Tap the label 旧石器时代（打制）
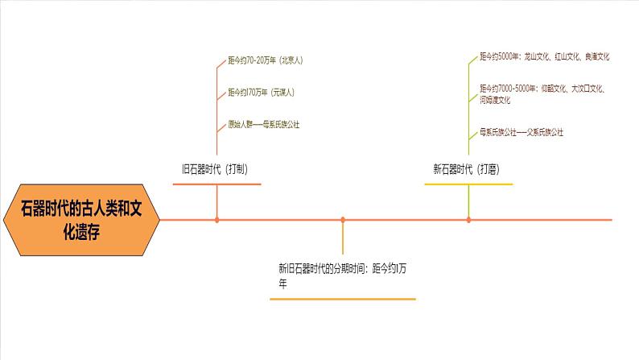point(213,169)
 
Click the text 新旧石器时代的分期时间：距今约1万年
point(341,275)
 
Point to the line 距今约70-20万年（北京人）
point(265,60)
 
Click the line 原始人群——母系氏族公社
point(263,125)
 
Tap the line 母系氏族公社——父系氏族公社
point(521,130)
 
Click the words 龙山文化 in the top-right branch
point(538,57)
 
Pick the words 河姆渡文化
point(495,101)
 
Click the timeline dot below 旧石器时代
point(216,219)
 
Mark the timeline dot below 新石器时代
point(468,219)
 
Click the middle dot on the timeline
point(343,219)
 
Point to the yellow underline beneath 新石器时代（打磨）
point(468,184)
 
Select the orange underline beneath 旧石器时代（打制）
point(216,184)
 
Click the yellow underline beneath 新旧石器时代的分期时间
point(343,300)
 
